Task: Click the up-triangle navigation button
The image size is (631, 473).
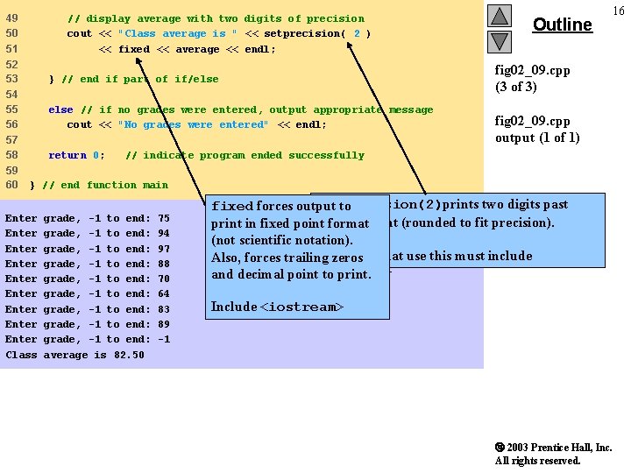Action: tap(499, 16)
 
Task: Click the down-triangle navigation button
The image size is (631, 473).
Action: tap(499, 40)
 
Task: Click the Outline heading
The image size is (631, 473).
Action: tap(563, 25)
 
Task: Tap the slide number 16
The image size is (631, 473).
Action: tap(619, 10)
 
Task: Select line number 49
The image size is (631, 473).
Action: tap(11, 18)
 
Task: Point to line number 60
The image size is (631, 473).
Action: tap(11, 185)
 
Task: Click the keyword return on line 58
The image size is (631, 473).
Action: tap(67, 155)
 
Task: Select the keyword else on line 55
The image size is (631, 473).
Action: tap(60, 109)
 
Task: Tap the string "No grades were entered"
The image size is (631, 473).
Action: tap(193, 124)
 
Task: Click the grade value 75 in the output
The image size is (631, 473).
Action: tap(164, 218)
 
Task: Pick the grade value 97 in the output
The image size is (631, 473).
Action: tap(164, 249)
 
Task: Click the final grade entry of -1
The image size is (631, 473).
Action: tap(163, 339)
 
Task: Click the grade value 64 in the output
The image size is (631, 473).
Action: tap(164, 293)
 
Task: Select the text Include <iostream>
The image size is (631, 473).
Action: tap(277, 307)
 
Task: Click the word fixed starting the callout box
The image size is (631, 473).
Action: tap(232, 207)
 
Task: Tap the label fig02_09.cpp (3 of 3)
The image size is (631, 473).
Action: tap(532, 78)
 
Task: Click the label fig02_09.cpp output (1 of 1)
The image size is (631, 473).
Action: tap(536, 129)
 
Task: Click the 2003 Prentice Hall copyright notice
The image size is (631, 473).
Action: tap(552, 454)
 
